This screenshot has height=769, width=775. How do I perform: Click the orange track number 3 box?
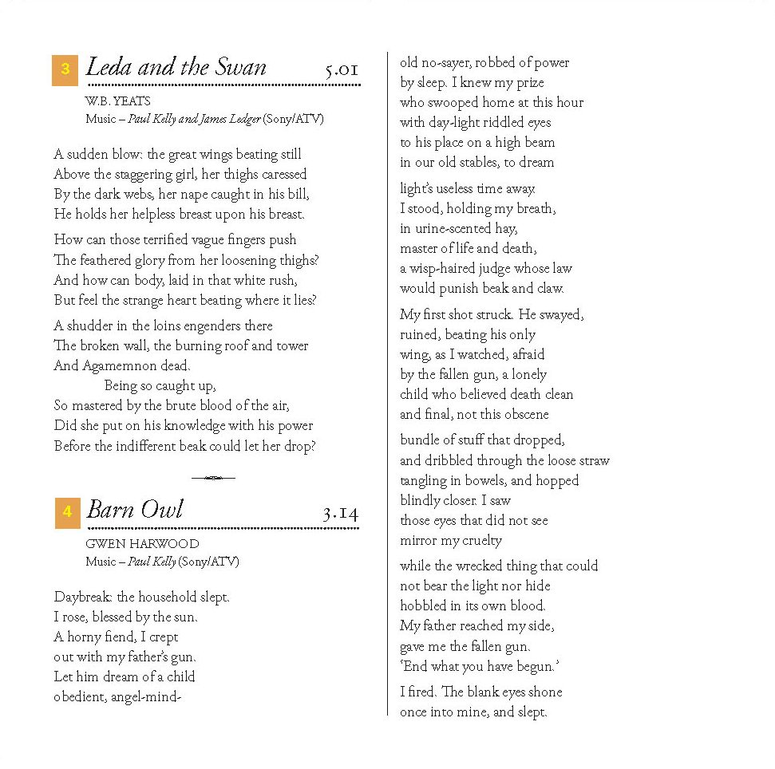click(x=65, y=69)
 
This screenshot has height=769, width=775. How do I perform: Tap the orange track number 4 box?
click(x=67, y=512)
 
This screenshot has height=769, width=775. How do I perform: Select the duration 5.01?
click(x=342, y=70)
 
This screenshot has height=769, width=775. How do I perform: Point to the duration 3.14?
click(x=340, y=513)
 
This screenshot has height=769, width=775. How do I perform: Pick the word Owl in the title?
click(x=163, y=510)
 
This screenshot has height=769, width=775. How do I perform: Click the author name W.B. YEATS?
click(x=117, y=101)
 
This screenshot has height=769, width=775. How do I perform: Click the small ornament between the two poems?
click(x=213, y=478)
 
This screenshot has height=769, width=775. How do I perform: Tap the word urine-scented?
click(x=455, y=229)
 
